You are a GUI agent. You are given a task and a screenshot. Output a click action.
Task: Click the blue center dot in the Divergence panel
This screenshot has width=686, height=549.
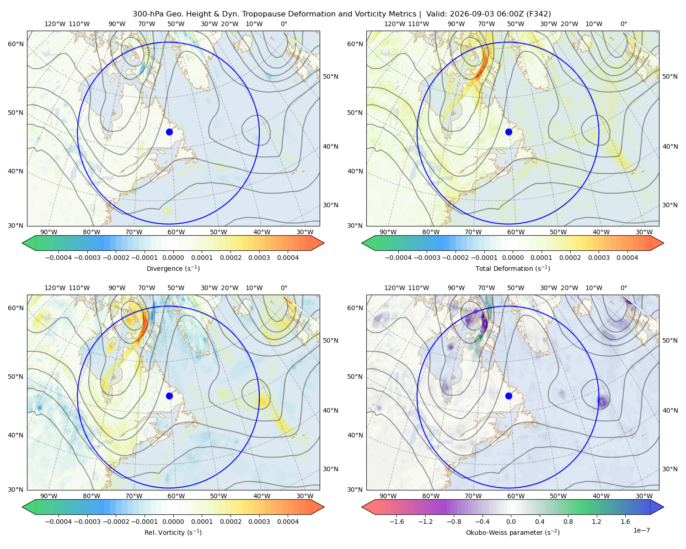169,132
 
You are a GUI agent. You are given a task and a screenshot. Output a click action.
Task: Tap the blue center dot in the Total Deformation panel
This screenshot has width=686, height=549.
509,132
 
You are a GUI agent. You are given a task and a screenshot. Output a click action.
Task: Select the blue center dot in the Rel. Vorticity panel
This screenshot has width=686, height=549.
169,396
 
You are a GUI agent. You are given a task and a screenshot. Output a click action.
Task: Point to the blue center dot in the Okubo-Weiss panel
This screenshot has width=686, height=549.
509,396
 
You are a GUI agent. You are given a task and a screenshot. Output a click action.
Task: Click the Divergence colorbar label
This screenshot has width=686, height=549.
173,268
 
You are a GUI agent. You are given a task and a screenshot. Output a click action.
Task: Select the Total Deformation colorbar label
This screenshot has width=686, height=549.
513,268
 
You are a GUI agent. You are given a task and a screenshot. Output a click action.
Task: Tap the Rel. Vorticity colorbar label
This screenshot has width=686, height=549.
173,532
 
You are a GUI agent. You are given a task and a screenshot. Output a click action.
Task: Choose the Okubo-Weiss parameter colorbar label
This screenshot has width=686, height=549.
513,532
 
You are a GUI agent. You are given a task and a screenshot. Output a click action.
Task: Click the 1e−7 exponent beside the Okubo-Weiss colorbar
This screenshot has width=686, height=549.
641,530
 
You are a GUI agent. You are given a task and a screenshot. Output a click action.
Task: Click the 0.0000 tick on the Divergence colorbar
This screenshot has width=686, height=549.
173,258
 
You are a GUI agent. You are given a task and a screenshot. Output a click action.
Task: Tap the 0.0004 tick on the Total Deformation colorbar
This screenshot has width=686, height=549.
627,258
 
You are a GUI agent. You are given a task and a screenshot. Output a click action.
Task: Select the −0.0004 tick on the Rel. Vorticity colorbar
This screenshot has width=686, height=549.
59,521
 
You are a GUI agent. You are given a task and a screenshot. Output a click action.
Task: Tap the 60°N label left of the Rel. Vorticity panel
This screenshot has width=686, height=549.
16,308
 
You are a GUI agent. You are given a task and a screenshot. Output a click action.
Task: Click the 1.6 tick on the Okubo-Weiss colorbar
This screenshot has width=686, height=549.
625,521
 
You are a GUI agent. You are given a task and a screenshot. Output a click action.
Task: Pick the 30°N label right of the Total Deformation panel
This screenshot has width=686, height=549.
670,205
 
